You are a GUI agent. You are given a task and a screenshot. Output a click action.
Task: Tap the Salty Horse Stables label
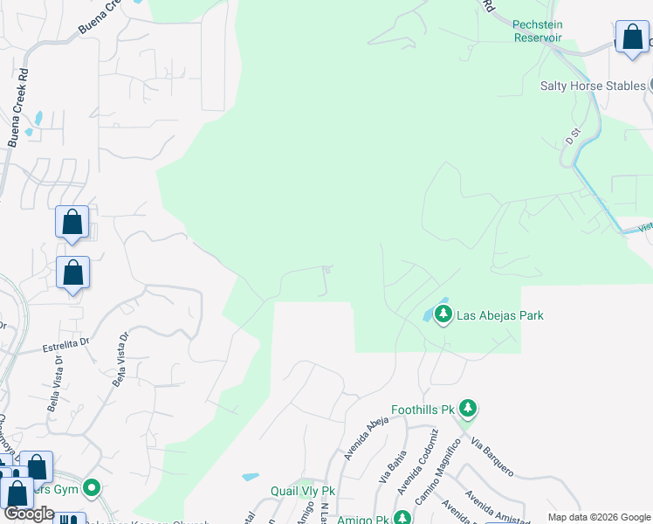tap(593, 85)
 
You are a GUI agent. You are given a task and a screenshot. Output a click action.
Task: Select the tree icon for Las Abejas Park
tap(443, 314)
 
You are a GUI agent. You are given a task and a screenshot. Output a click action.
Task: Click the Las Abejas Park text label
tap(500, 315)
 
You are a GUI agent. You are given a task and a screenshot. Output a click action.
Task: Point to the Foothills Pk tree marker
tap(469, 408)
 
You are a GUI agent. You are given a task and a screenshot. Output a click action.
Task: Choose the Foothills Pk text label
tap(423, 409)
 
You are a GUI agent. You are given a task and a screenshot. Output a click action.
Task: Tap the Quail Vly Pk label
tap(301, 491)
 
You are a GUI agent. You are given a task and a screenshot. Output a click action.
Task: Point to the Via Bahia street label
tap(387, 465)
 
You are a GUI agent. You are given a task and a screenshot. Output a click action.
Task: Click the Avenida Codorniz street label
tap(416, 460)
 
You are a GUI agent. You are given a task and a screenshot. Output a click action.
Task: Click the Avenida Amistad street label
tap(497, 504)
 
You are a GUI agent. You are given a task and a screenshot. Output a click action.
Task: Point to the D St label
tap(573, 137)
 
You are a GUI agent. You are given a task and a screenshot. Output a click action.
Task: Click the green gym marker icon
tap(92, 488)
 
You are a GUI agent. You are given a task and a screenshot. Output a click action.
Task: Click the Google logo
tap(29, 514)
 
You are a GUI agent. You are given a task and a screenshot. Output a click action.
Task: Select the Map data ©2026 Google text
tap(599, 517)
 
